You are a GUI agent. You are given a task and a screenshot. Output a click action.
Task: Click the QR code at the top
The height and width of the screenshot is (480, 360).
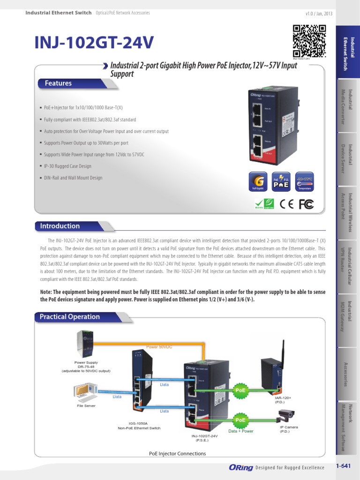[309, 40]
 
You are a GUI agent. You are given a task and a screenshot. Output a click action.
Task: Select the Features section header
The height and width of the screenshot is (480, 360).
[58, 83]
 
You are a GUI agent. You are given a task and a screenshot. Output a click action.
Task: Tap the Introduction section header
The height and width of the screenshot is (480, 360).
[60, 226]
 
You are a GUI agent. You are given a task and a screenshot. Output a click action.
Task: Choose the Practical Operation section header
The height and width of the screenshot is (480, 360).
[69, 317]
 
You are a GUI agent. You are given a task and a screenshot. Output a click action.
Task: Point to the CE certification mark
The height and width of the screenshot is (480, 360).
[286, 204]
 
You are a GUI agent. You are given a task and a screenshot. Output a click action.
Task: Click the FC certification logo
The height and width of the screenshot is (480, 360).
[306, 204]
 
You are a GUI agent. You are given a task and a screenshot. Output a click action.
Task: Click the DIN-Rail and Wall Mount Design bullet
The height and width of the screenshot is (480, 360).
[73, 178]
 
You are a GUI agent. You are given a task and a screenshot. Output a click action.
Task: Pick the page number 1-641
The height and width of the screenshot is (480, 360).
[344, 466]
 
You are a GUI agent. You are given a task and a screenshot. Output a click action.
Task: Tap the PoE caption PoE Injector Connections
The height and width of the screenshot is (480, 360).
[177, 453]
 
